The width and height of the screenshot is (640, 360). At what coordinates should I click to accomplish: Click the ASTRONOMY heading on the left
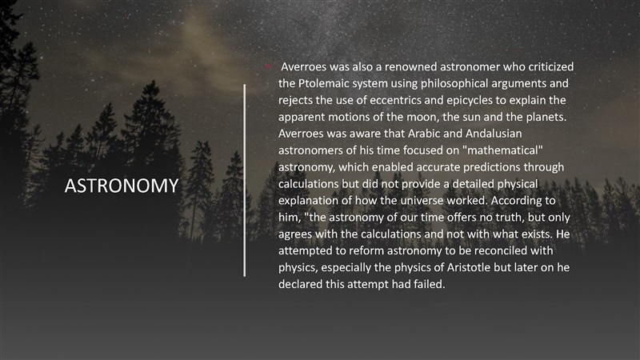pyautogui.click(x=122, y=186)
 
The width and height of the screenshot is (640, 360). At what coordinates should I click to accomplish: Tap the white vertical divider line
pyautogui.click(x=245, y=181)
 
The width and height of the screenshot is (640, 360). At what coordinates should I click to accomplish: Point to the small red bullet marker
pyautogui.click(x=269, y=66)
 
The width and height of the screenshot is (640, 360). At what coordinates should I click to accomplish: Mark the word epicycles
pyautogui.click(x=470, y=101)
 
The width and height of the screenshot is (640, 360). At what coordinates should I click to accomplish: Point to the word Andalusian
pyautogui.click(x=494, y=134)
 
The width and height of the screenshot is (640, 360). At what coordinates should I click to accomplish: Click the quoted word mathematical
pyautogui.click(x=502, y=150)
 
